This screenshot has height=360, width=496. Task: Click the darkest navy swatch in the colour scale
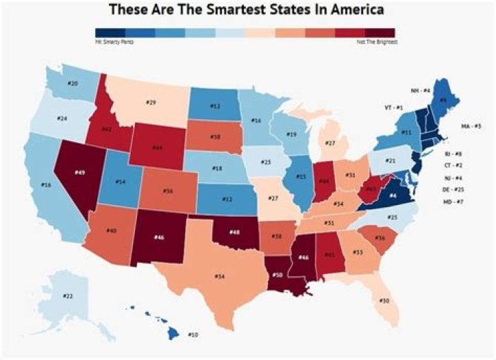click(110, 32)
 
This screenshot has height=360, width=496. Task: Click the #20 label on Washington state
click(73, 84)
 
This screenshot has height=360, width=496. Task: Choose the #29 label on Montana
click(152, 103)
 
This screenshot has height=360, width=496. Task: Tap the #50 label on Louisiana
click(278, 275)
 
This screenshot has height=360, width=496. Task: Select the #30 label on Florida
click(384, 301)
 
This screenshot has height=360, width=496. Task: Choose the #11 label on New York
click(407, 131)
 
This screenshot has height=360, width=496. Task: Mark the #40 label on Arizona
click(110, 231)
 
